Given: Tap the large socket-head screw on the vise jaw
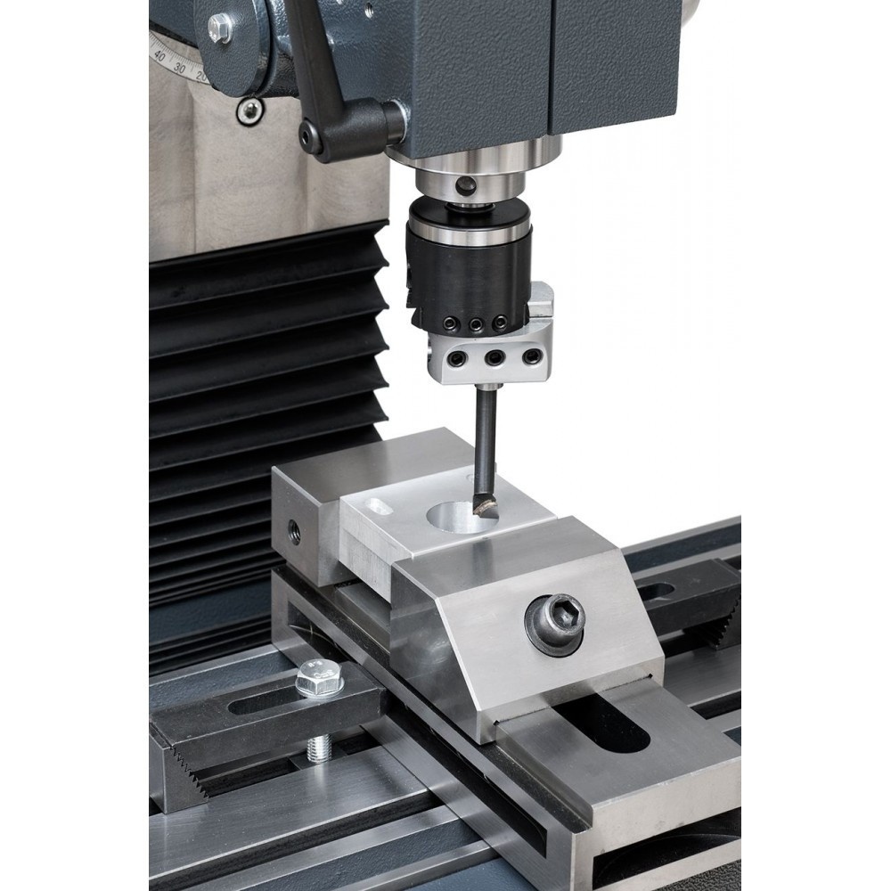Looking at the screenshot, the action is [555, 624].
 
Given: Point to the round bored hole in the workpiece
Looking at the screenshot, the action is [462, 517].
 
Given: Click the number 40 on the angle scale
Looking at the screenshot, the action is [159, 56].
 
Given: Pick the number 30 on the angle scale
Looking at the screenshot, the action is [180, 68].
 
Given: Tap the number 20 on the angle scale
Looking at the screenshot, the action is [200, 75].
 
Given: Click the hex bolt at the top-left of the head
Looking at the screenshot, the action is [219, 27].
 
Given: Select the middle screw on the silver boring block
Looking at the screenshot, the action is [495, 357].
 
